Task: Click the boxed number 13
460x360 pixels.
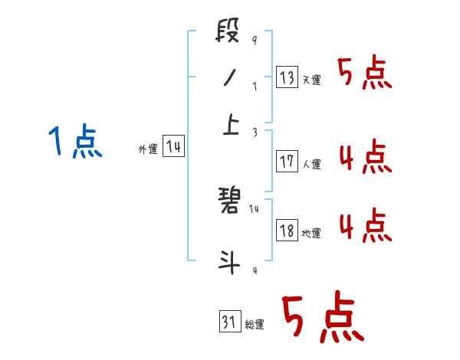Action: [x=287, y=77]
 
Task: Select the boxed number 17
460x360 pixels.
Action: [x=287, y=162]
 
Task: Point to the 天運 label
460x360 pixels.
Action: [x=311, y=80]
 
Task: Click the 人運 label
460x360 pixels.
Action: [x=311, y=164]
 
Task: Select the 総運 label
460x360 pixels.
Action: [x=255, y=325]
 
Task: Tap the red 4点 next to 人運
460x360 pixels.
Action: [x=365, y=157]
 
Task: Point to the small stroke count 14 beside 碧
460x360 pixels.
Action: [x=255, y=208]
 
